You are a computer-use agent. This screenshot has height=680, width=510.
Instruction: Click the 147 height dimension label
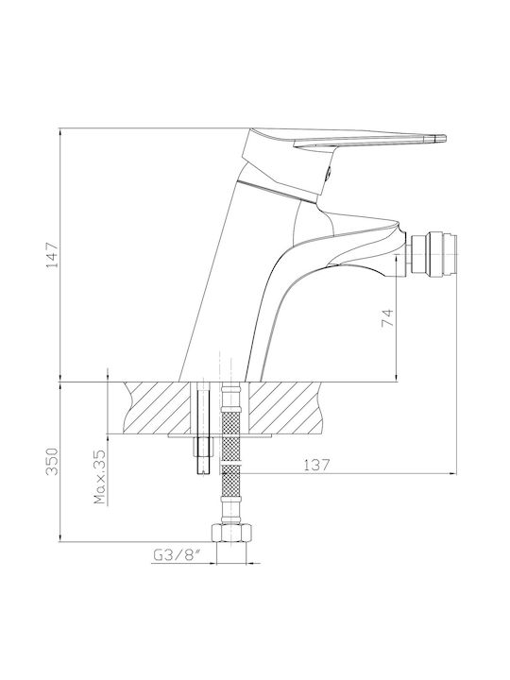click(52, 255)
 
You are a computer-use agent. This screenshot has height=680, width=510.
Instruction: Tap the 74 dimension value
click(386, 317)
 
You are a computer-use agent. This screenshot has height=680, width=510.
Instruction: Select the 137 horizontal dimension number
click(316, 465)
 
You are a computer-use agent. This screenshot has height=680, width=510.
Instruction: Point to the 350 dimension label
click(52, 461)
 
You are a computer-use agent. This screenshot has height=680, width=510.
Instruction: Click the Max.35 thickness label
click(100, 477)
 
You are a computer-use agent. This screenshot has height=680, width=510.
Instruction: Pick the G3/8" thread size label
click(178, 555)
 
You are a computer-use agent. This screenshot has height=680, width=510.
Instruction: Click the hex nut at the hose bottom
click(231, 533)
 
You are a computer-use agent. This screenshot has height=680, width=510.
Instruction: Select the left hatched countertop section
click(157, 407)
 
